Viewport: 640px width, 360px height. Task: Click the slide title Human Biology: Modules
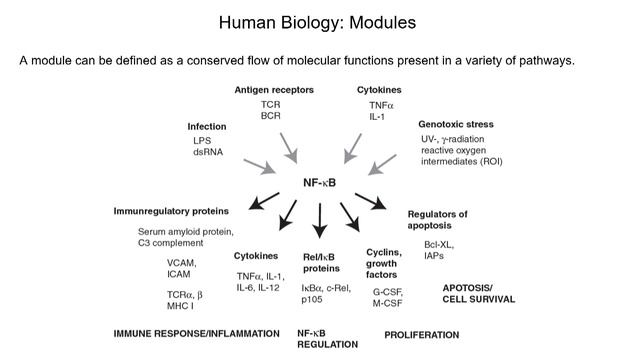point(319,22)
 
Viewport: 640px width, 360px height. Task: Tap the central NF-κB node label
point(320,182)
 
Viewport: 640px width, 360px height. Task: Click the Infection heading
point(207,126)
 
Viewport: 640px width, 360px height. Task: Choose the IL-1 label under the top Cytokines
point(378,116)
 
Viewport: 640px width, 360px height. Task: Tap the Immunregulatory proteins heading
point(171,212)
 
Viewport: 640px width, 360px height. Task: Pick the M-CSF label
point(387,303)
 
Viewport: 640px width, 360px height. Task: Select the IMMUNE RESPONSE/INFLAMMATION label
point(196,332)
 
